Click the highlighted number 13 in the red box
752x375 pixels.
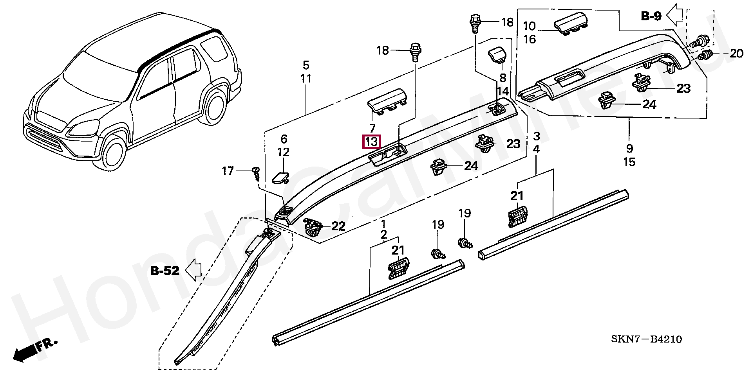(x=371, y=142)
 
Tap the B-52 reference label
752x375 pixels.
(x=165, y=270)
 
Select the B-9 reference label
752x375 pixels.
(x=651, y=16)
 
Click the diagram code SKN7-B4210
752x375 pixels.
(x=646, y=339)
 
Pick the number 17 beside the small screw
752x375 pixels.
(x=228, y=171)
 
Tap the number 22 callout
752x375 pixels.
(x=338, y=226)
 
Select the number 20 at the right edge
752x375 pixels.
(x=736, y=53)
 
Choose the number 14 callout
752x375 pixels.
(x=503, y=92)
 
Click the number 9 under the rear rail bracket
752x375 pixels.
(x=629, y=148)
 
